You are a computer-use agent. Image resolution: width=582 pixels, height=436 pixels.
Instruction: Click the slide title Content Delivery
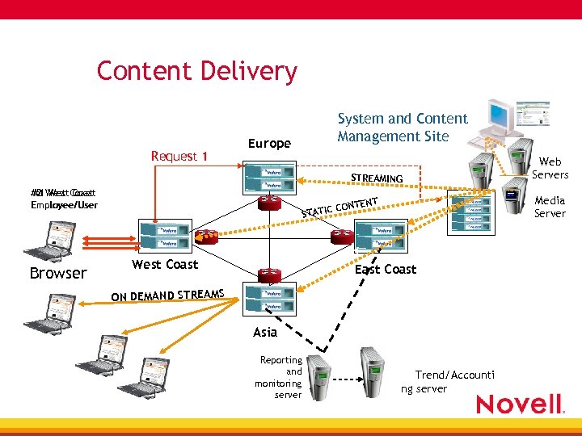[196, 71]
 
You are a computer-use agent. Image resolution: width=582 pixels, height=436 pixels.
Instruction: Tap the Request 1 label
[179, 156]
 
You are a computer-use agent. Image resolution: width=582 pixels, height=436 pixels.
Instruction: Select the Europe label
[269, 144]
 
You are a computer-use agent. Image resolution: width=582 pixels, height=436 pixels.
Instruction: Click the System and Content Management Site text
[403, 128]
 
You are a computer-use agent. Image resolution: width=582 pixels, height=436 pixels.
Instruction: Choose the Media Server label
[550, 207]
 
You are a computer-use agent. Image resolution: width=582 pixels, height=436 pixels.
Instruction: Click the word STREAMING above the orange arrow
[377, 178]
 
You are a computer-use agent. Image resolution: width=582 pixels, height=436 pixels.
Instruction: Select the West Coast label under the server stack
[165, 264]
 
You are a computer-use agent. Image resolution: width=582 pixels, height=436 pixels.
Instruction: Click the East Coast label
[386, 269]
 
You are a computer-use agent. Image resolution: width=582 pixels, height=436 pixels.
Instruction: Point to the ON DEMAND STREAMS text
[167, 295]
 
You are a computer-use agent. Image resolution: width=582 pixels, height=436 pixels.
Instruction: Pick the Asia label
[264, 332]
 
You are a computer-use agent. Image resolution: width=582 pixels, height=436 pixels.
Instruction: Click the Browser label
[57, 273]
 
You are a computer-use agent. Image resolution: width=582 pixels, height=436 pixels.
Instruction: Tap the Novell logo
[519, 404]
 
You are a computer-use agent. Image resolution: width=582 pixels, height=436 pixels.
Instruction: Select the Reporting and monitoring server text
[280, 377]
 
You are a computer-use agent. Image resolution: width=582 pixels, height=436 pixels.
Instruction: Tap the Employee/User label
[63, 205]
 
